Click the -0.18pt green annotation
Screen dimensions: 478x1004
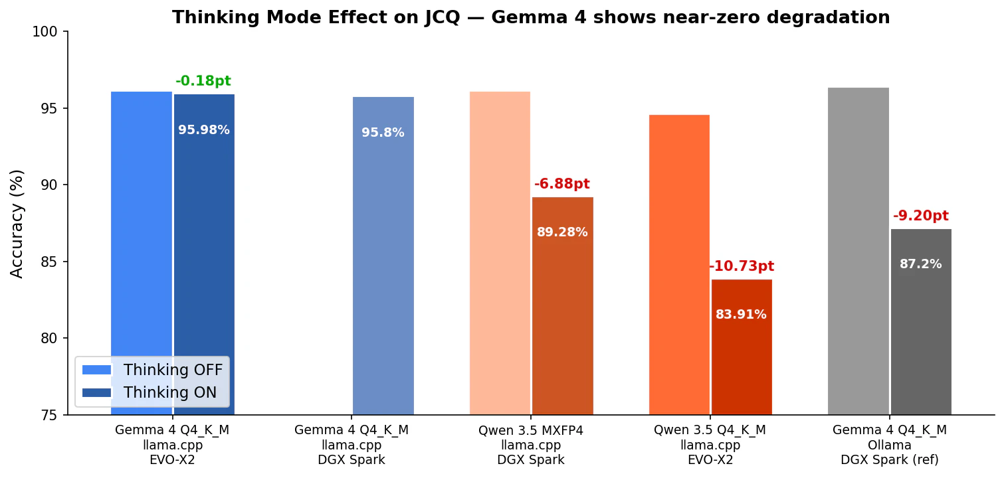203,82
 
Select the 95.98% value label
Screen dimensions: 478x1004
204,130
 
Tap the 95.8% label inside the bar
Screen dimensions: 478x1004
383,133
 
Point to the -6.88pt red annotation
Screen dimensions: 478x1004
562,185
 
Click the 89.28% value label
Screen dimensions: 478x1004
562,232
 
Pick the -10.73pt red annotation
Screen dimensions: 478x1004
742,267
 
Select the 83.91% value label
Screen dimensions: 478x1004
741,315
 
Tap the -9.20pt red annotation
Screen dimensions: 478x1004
921,216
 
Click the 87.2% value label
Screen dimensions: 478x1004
921,264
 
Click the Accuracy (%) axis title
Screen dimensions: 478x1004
17,223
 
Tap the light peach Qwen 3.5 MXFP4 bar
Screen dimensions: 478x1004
500,253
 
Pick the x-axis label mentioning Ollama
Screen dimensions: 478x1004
890,445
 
